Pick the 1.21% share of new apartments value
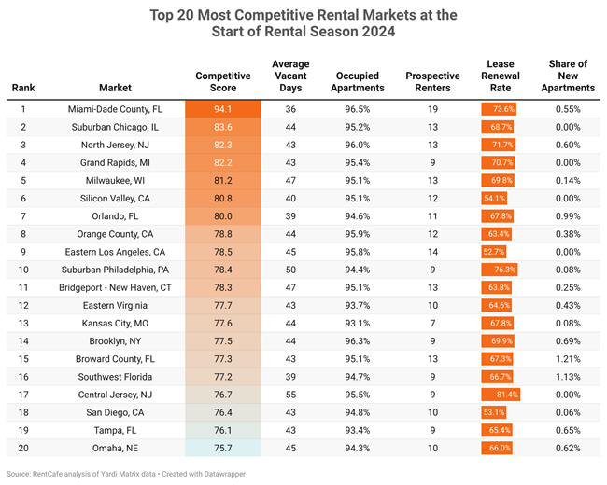point(567,359)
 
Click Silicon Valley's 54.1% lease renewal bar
point(494,198)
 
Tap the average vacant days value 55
point(290,395)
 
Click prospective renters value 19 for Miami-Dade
point(432,108)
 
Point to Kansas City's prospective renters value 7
point(432,324)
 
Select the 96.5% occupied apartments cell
point(358,108)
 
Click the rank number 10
point(23,270)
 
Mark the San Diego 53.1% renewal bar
point(494,413)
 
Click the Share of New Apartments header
point(567,76)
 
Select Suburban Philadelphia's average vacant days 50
point(290,270)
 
